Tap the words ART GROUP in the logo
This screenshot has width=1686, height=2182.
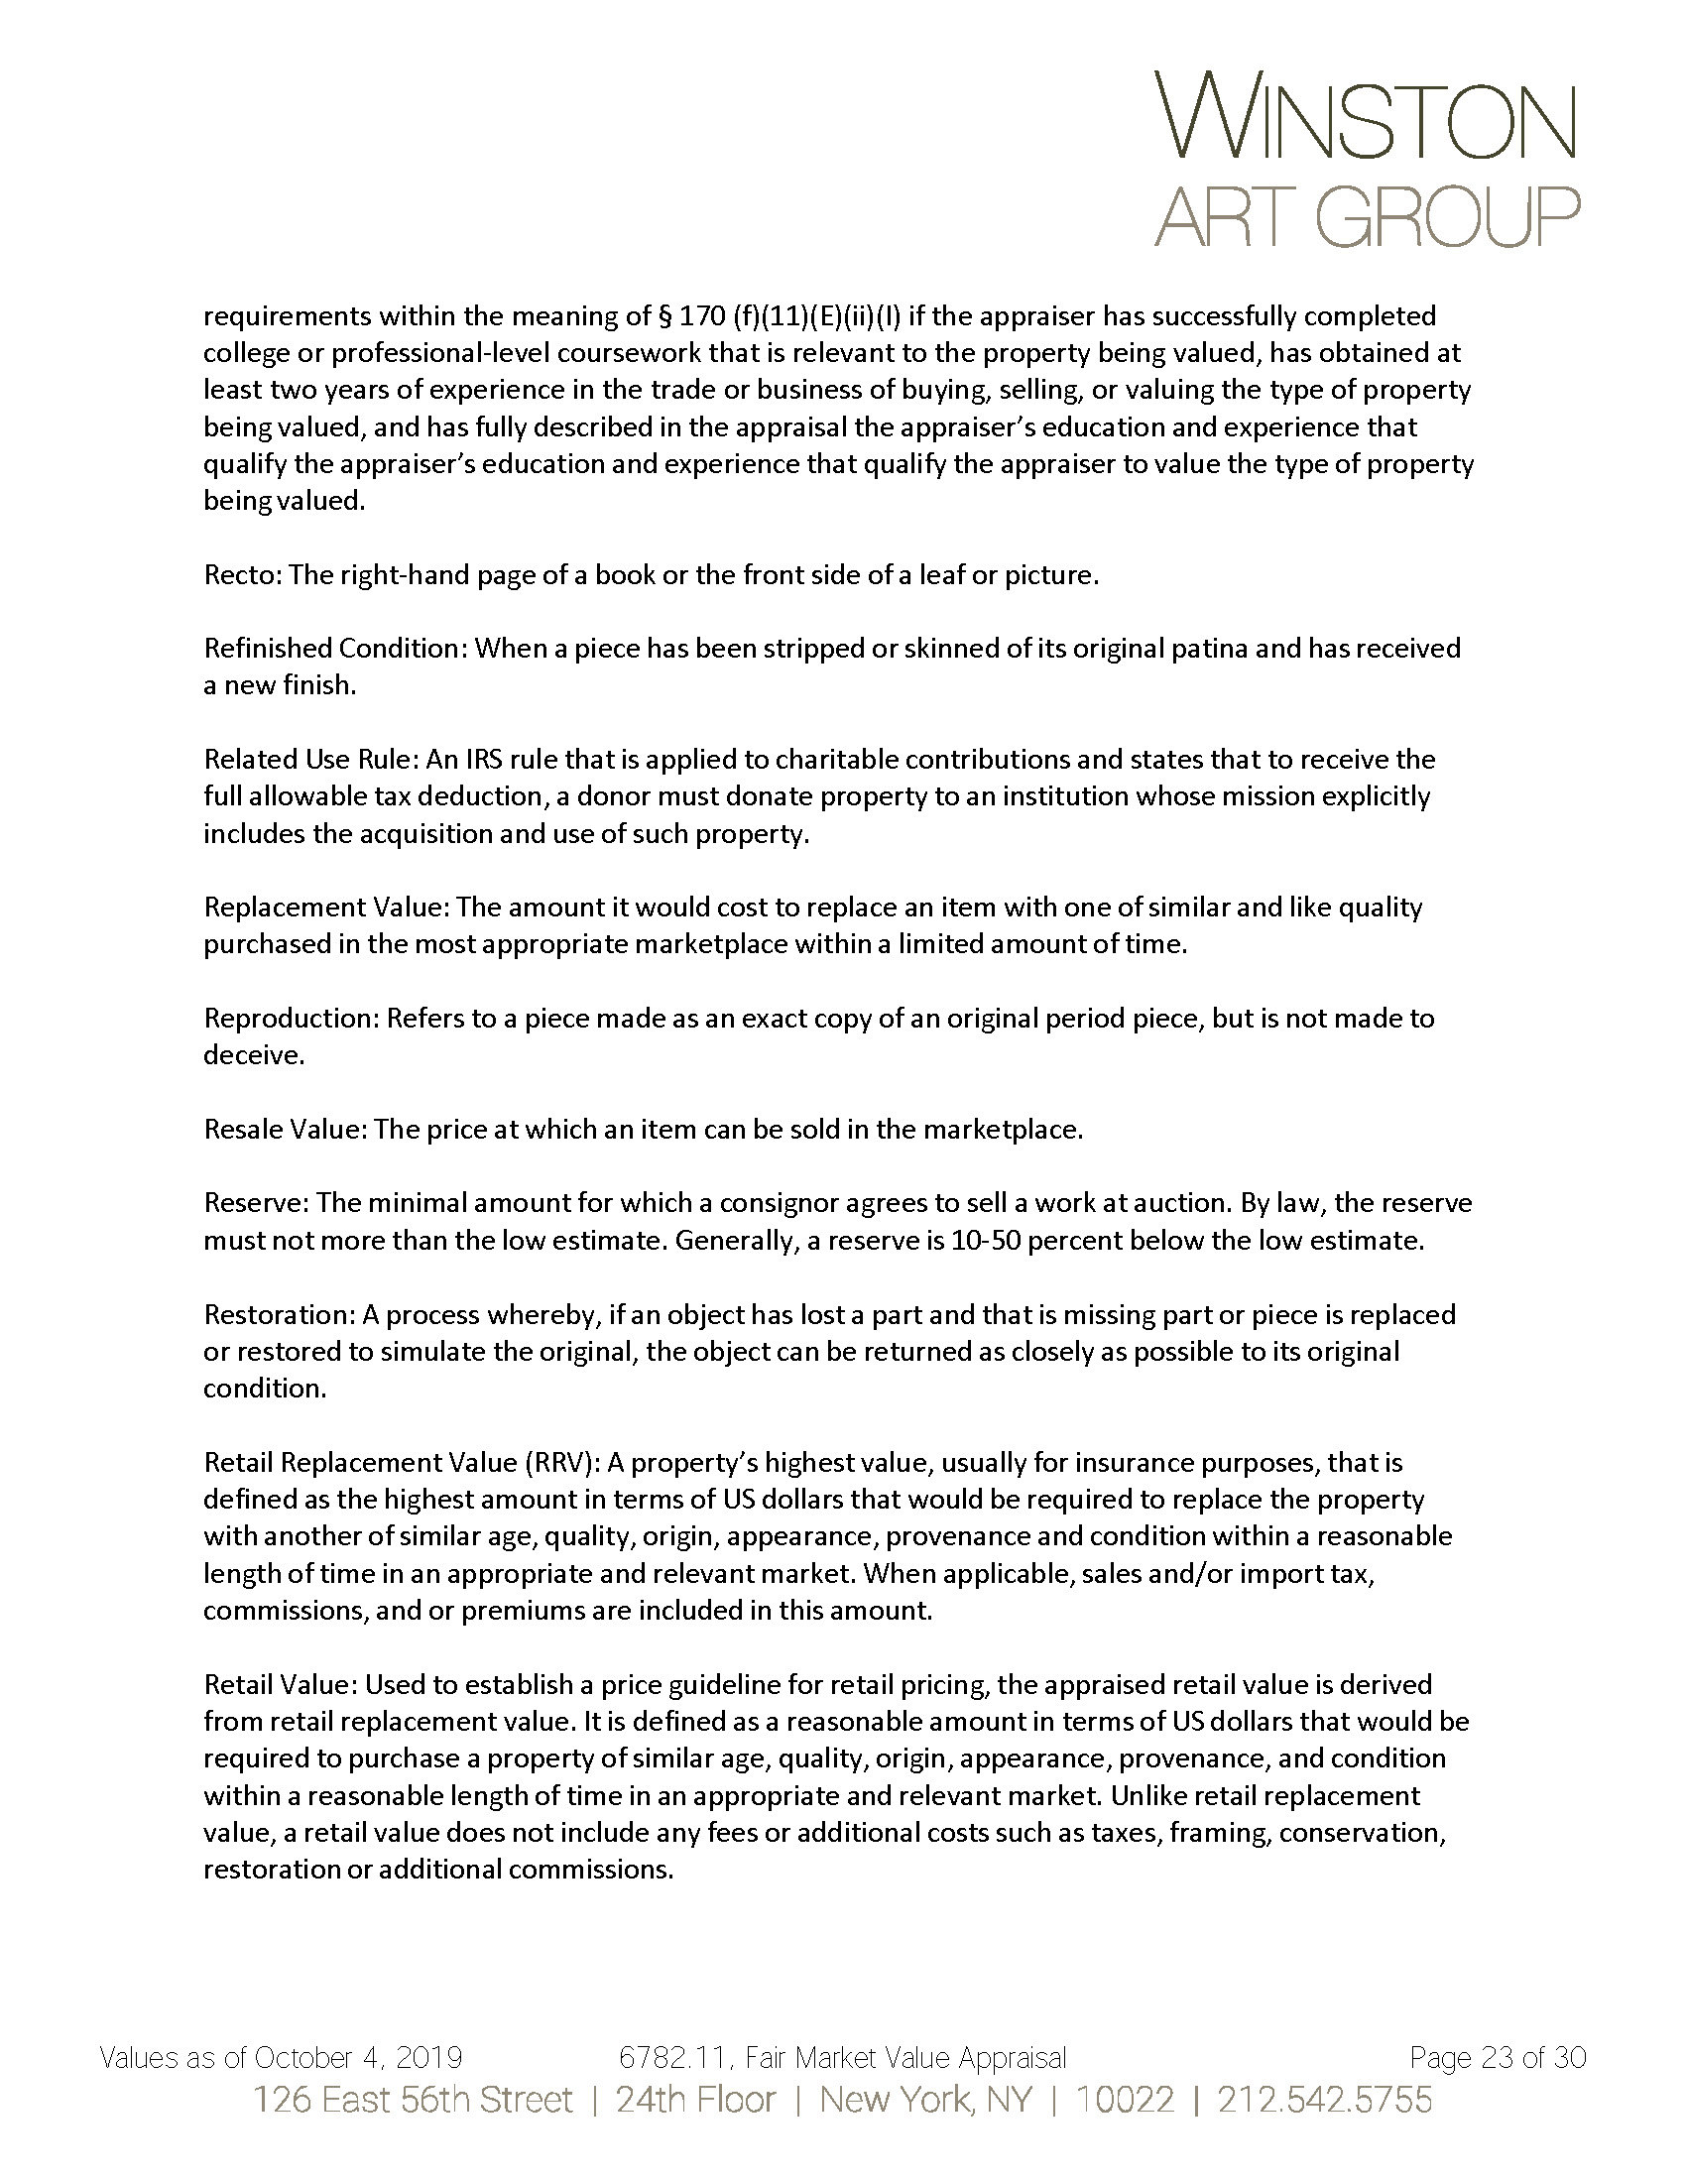1366,216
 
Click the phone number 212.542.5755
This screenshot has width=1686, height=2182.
1324,2100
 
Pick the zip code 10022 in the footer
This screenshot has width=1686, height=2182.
1124,2100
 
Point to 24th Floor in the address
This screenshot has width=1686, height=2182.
695,2100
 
